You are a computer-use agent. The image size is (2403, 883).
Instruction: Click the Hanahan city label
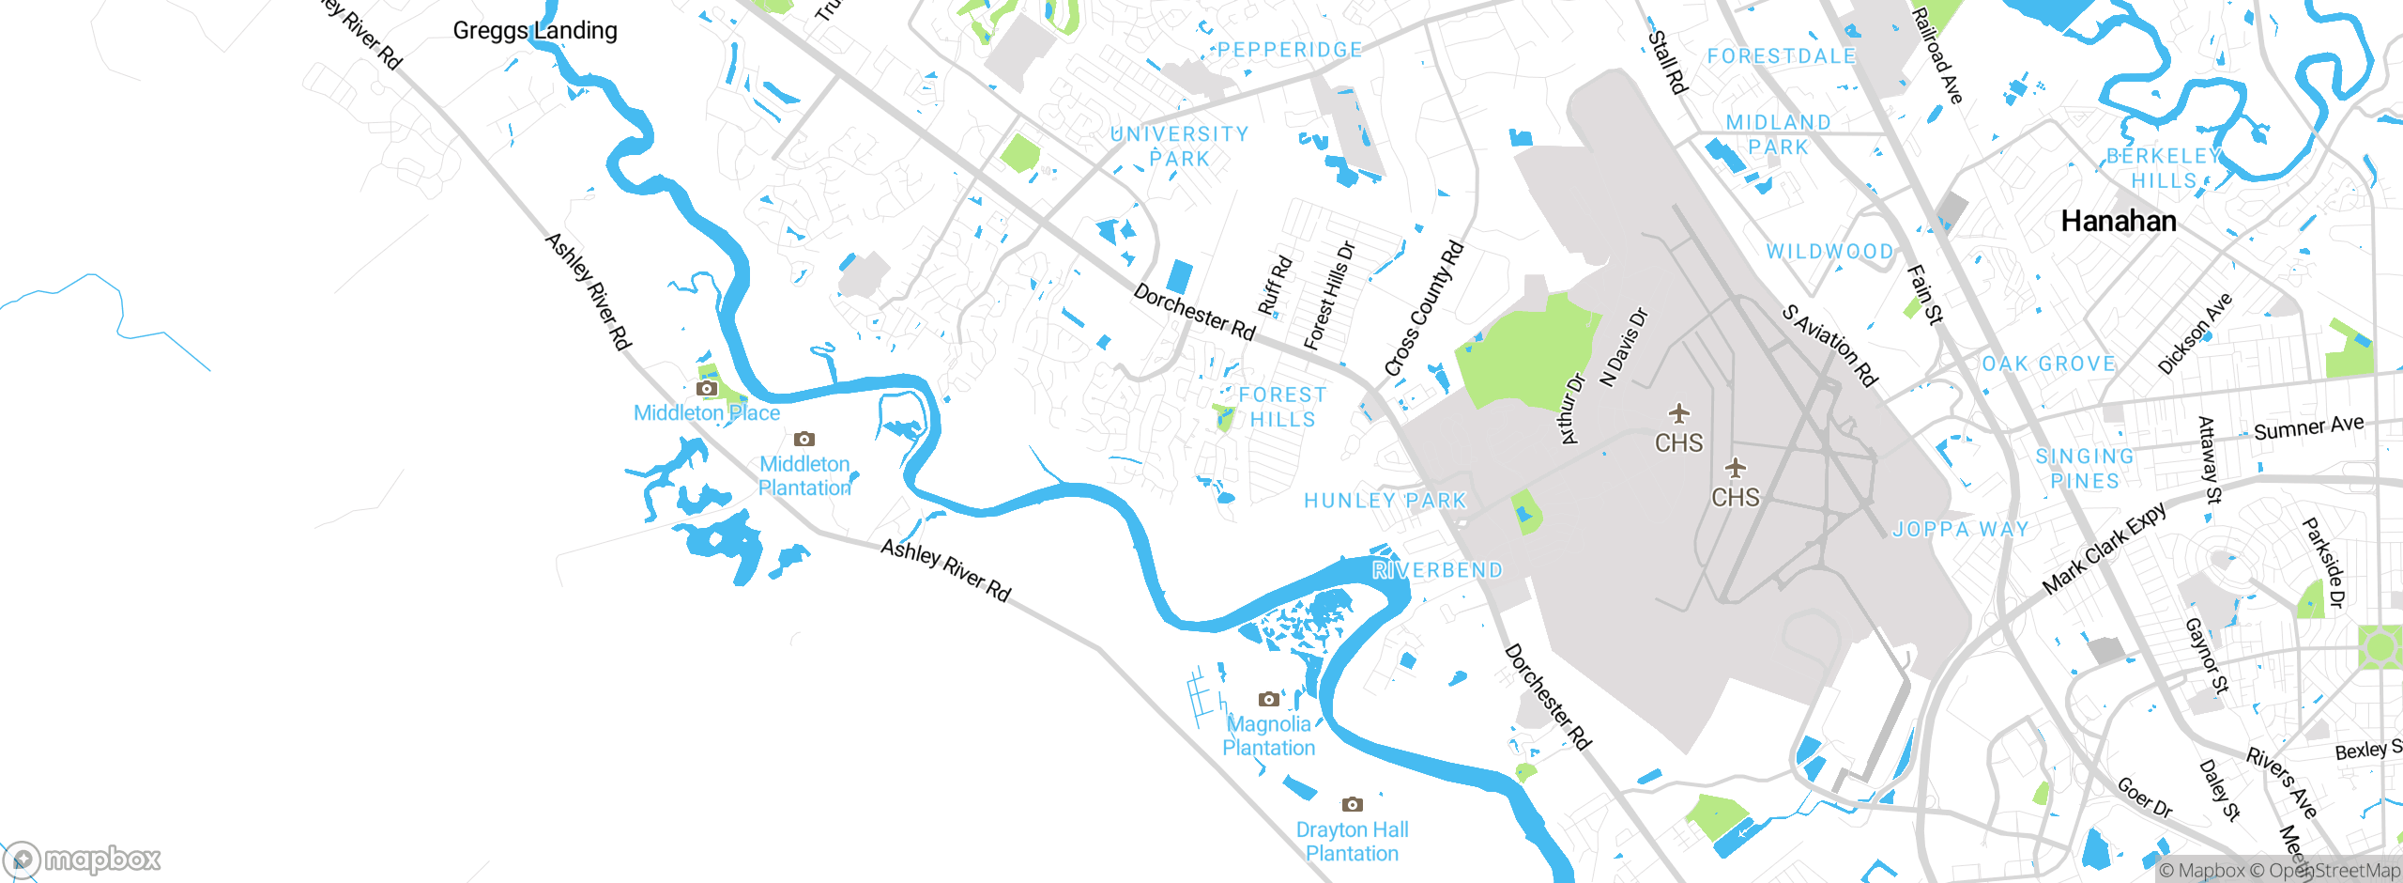pos(2118,222)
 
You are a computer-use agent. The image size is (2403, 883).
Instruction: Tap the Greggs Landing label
pos(535,31)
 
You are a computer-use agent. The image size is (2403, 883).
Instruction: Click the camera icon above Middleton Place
pos(707,388)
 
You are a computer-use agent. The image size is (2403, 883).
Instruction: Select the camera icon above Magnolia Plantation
pos(1268,699)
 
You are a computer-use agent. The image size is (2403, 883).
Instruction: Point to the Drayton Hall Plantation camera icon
pos(1352,804)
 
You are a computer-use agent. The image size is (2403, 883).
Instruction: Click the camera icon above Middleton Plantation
pos(804,439)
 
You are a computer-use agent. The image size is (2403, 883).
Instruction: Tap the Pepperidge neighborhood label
pos(1290,50)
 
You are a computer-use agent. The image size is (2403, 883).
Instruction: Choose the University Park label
pos(1180,147)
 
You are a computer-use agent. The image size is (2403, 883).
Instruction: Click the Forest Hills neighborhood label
pos(1282,408)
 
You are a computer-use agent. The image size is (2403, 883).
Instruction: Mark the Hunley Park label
pos(1385,501)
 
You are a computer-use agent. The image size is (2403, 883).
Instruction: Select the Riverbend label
pos(1437,570)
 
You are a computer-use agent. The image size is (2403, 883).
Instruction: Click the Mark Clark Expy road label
pos(2105,549)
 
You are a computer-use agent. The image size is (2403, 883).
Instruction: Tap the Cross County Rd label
pos(1424,309)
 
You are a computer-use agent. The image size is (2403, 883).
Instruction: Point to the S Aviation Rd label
pos(1829,345)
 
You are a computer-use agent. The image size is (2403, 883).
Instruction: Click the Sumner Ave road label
pos(2308,427)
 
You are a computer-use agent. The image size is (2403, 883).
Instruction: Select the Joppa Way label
pos(1960,530)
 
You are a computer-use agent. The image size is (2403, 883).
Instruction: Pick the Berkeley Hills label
pos(2164,168)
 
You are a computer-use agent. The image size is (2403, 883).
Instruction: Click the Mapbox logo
pos(83,859)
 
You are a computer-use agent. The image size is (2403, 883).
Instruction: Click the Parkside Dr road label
pos(2323,563)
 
